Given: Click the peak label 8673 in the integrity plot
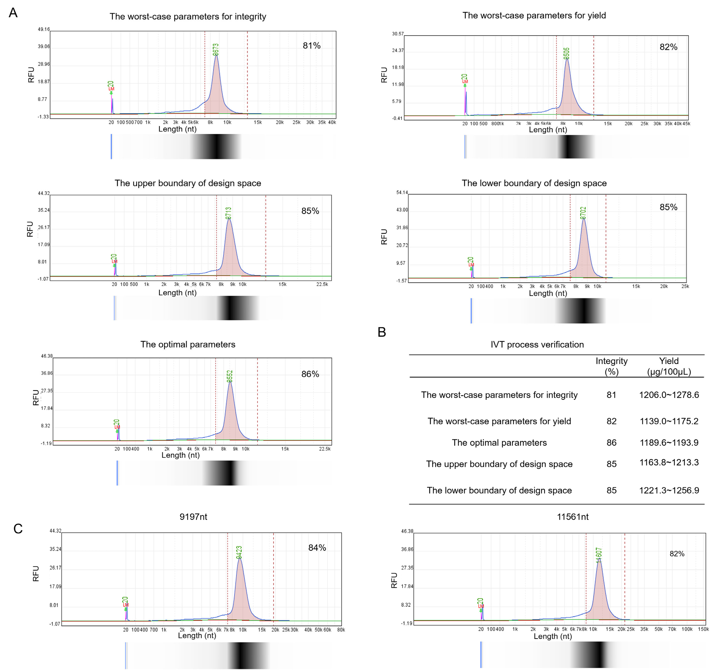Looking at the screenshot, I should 215,50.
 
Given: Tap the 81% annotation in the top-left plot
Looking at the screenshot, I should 311,46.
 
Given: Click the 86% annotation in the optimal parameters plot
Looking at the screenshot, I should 310,374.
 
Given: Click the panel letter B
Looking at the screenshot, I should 382,332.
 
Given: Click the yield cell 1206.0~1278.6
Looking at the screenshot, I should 669,395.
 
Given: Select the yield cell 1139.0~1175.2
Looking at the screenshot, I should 669,421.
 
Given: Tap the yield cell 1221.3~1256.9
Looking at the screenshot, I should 669,490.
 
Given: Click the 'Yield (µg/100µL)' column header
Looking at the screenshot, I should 669,366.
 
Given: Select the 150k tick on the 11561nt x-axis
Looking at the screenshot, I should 703,629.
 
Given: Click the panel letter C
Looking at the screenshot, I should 18,528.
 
